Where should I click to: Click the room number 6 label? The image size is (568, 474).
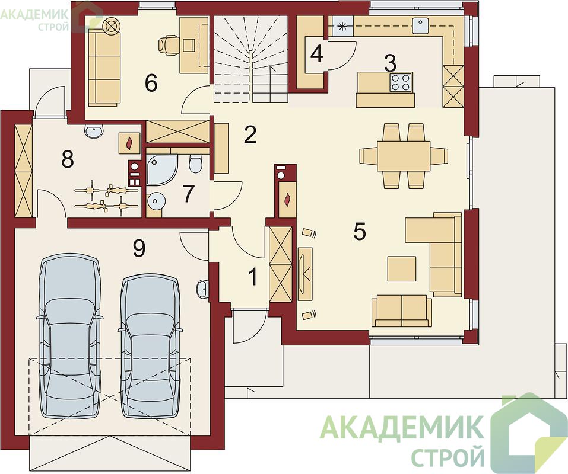point(151,84)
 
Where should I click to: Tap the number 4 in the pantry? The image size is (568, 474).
point(317,54)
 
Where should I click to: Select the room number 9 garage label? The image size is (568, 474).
point(139,248)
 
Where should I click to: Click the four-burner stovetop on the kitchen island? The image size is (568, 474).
point(401,82)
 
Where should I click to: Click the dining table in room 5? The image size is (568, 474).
point(404,156)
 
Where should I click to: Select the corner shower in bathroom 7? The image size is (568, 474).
point(163,168)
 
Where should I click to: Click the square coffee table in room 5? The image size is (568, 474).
point(402,268)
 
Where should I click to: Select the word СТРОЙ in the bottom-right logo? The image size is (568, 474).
point(448,456)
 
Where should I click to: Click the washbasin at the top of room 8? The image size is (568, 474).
point(95,131)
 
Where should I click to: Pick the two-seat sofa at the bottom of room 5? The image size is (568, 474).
point(402,310)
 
